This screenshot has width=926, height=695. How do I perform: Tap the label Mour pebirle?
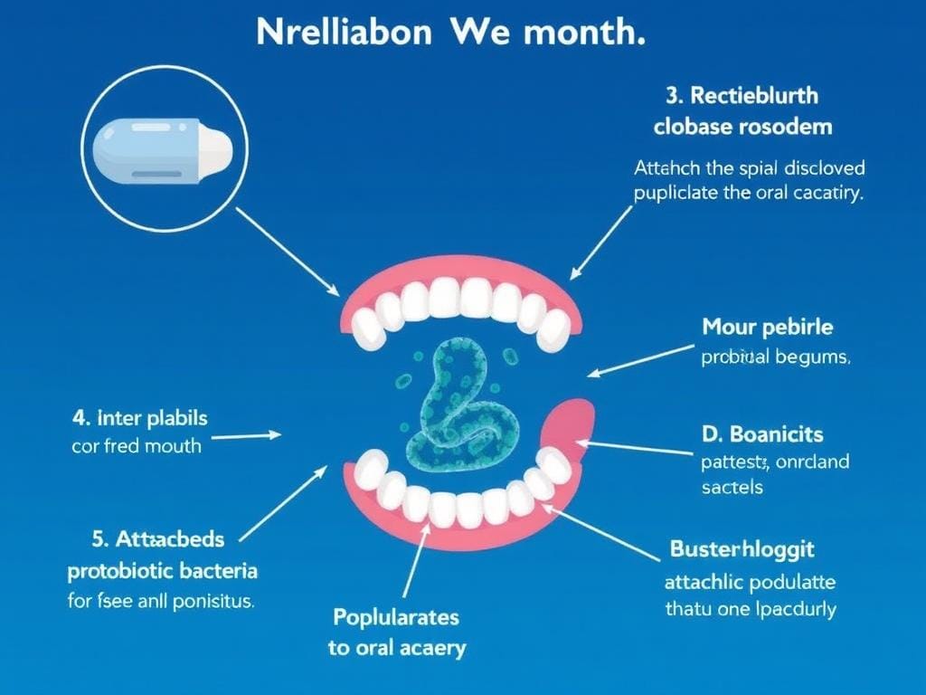click(x=768, y=326)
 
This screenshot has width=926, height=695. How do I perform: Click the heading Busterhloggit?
click(x=742, y=548)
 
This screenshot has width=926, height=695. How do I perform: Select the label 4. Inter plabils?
click(x=139, y=418)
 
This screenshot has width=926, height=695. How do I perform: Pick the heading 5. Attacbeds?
click(x=157, y=539)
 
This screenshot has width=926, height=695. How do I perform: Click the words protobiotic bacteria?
click(x=163, y=571)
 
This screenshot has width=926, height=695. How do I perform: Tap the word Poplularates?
click(x=396, y=617)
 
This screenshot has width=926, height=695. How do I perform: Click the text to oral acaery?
click(x=396, y=648)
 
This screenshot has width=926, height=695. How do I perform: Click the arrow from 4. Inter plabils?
click(x=246, y=435)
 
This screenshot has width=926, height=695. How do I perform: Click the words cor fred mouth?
click(x=136, y=446)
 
